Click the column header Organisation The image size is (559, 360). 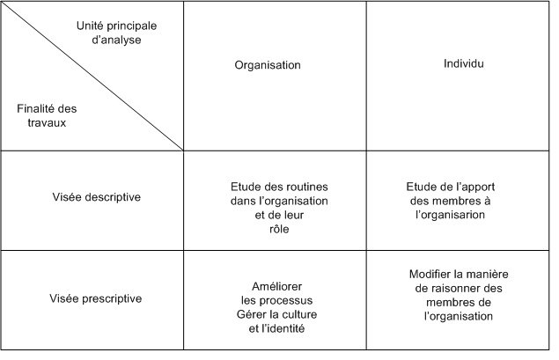268,65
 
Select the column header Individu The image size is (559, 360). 463,63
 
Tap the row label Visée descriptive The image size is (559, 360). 96,197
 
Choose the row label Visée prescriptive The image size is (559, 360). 96,298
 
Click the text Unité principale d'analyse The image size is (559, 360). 116,33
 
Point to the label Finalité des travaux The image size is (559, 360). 47,115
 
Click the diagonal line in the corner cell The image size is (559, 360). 92,76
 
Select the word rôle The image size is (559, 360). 279,229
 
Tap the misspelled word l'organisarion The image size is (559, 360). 450,215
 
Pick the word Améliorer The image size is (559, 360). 276,286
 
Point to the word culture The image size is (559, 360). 298,314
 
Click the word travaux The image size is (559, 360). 47,123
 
